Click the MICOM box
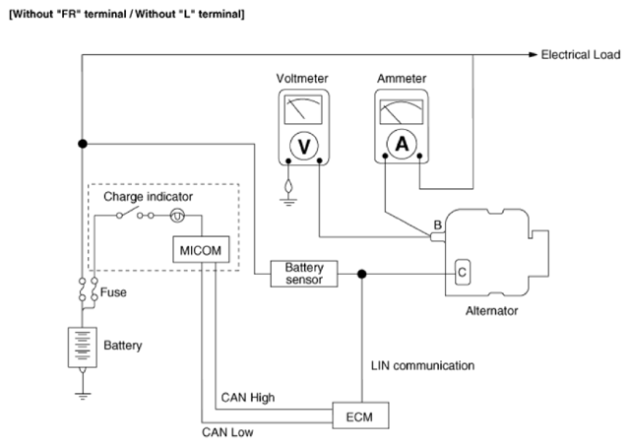click(x=201, y=250)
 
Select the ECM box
click(x=360, y=415)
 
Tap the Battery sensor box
click(x=304, y=274)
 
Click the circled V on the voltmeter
click(x=304, y=146)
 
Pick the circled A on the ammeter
click(x=402, y=144)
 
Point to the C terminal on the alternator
click(x=462, y=272)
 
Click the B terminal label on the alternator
click(x=438, y=224)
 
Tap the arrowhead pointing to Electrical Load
click(x=534, y=55)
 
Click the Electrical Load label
click(x=581, y=55)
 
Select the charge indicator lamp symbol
click(x=177, y=216)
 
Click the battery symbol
click(x=83, y=348)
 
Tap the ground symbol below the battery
click(x=83, y=396)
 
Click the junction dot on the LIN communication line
click(x=362, y=274)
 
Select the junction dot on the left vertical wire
click(x=83, y=144)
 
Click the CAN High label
click(x=248, y=398)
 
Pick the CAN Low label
click(x=227, y=432)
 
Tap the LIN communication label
click(x=422, y=365)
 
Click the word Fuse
click(x=113, y=292)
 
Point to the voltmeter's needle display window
click(x=303, y=109)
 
